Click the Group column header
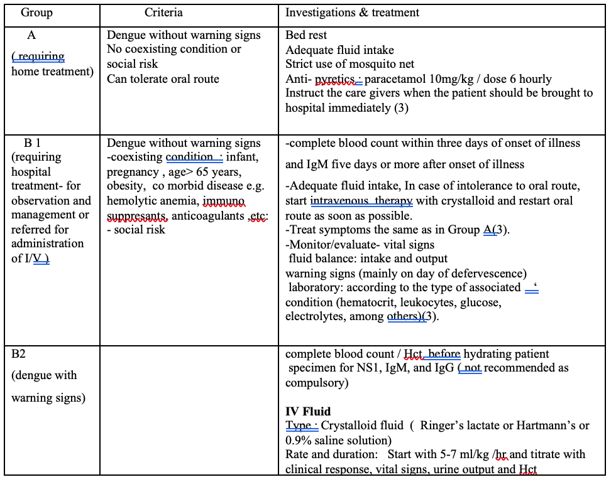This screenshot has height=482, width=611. tap(36, 13)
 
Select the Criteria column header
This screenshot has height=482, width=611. tap(163, 13)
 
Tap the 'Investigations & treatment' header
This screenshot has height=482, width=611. tap(352, 13)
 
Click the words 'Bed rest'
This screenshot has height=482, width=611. tap(306, 36)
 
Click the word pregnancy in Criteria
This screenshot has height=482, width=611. tap(133, 172)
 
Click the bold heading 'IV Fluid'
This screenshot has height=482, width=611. tap(307, 412)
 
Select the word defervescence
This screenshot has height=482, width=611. tap(486, 274)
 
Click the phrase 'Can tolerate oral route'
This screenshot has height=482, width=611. tap(163, 79)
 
